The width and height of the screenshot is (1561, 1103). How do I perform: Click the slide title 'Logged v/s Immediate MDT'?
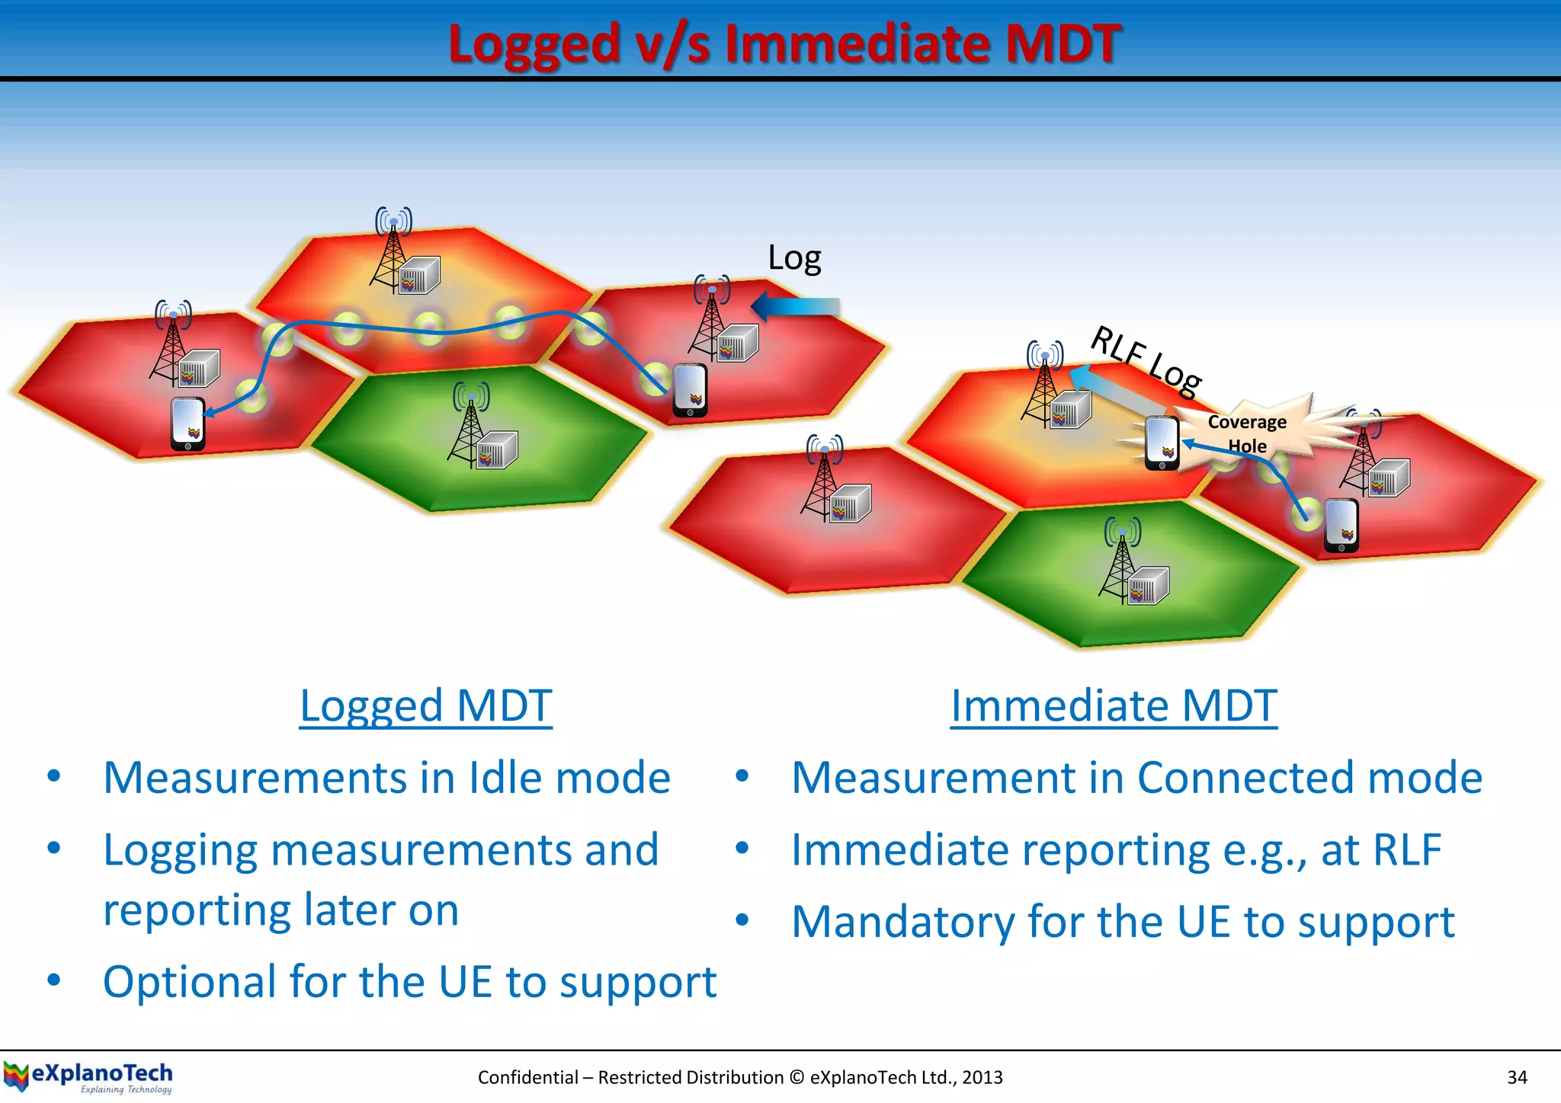click(x=784, y=43)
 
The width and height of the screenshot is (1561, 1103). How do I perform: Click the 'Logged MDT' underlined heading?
click(x=425, y=705)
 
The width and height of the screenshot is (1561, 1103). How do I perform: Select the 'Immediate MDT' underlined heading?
click(x=1114, y=705)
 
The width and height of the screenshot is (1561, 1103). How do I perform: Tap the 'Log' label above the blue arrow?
click(x=794, y=258)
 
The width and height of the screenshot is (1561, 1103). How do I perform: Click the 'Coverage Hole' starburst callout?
click(x=1247, y=433)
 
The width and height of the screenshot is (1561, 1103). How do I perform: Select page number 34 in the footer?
click(x=1517, y=1077)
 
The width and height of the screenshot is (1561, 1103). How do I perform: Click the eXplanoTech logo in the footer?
click(x=88, y=1077)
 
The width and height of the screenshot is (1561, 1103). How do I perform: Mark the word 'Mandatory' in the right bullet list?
click(x=902, y=922)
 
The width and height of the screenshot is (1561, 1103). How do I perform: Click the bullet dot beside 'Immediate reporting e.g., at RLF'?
click(x=742, y=849)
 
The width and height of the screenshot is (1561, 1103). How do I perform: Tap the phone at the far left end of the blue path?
click(x=188, y=424)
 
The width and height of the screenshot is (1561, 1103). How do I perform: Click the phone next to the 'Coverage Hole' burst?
click(x=1162, y=443)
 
